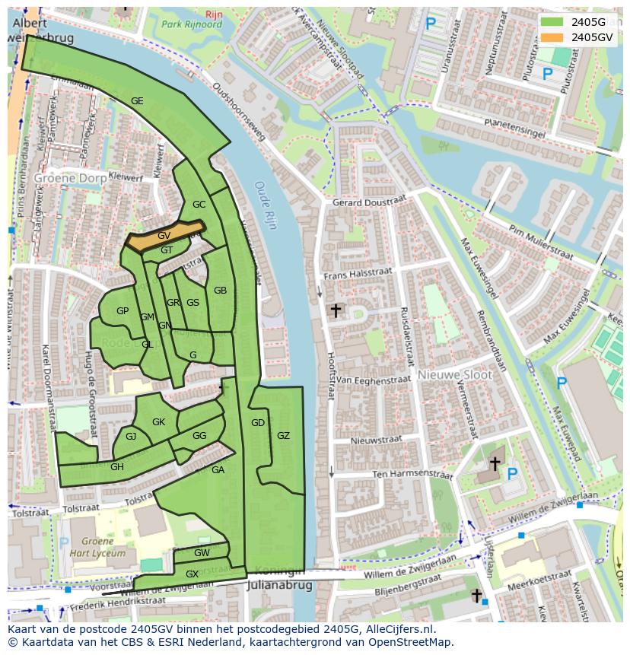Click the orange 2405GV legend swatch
tap(554, 37)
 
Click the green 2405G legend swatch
tap(554, 22)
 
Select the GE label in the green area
tap(137, 101)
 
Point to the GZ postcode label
tap(283, 436)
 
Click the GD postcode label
tap(258, 423)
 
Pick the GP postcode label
tap(123, 311)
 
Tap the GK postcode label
tap(158, 422)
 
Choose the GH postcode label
tap(116, 467)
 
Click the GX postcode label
tap(192, 574)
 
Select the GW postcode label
tap(202, 553)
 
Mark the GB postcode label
tap(220, 291)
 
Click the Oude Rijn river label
tap(266, 204)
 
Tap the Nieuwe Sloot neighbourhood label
tap(454, 375)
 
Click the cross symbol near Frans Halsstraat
tap(335, 310)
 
